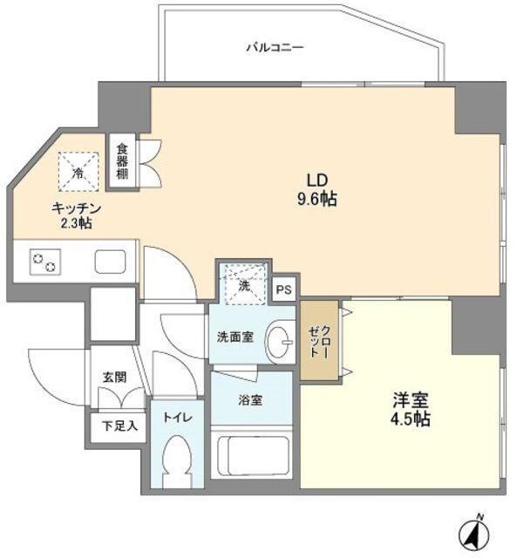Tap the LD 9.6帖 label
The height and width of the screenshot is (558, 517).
tap(316, 189)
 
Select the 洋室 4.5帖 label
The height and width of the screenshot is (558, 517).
tap(410, 410)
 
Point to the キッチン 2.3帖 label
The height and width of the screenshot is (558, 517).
tap(78, 215)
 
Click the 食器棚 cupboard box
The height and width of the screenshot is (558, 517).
tap(122, 161)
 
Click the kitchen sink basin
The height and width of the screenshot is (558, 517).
tap(110, 261)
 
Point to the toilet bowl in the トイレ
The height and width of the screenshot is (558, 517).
tap(175, 462)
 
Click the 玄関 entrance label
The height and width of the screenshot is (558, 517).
tap(114, 378)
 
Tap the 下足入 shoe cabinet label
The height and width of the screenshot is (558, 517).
tap(119, 427)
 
